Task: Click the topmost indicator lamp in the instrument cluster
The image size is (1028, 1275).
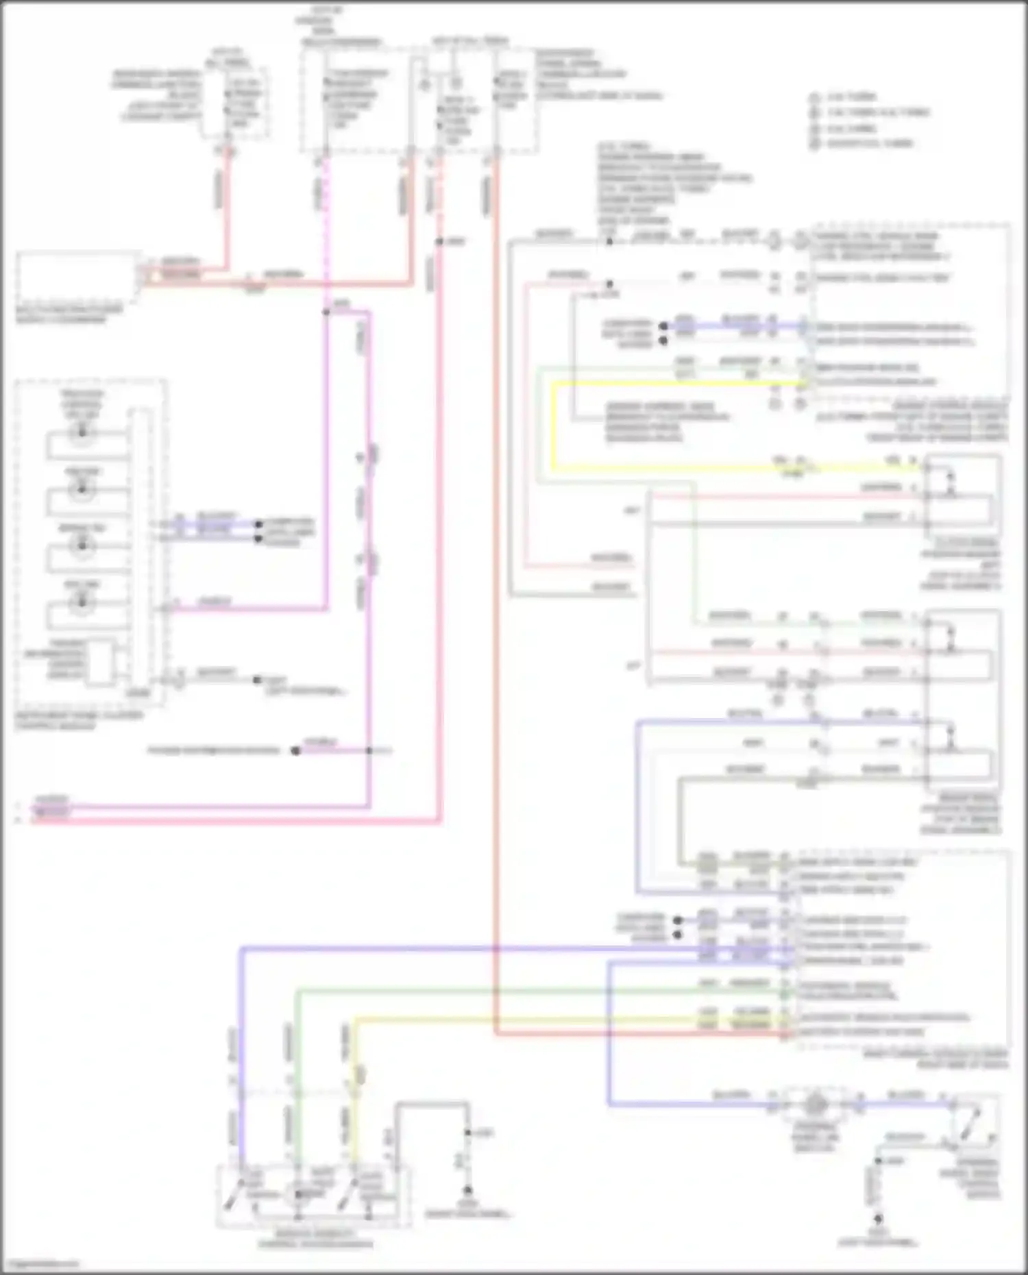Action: click(82, 432)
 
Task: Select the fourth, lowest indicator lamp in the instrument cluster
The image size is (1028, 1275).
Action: click(82, 602)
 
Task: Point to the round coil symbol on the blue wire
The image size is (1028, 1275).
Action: click(815, 1104)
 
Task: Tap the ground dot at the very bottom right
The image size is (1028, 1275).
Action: click(878, 1220)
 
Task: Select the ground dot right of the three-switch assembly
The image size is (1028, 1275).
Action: click(468, 1191)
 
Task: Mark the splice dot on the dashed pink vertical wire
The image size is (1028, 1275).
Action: click(326, 312)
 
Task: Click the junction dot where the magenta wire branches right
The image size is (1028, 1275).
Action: click(369, 751)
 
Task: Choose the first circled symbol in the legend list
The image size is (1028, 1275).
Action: click(814, 97)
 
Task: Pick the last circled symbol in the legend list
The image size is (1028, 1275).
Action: click(814, 144)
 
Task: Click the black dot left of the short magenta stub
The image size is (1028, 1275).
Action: click(295, 751)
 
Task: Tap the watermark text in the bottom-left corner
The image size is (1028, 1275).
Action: click(40, 1264)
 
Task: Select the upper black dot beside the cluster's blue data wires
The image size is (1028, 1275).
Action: click(258, 525)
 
